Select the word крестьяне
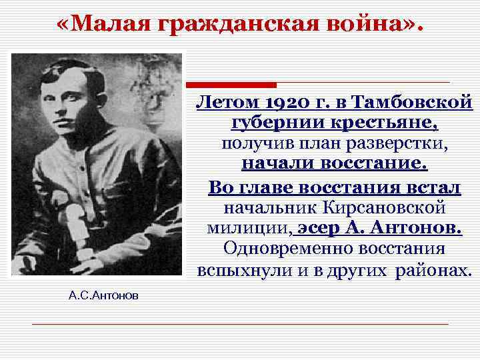point(379,124)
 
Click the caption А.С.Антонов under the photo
point(103,295)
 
